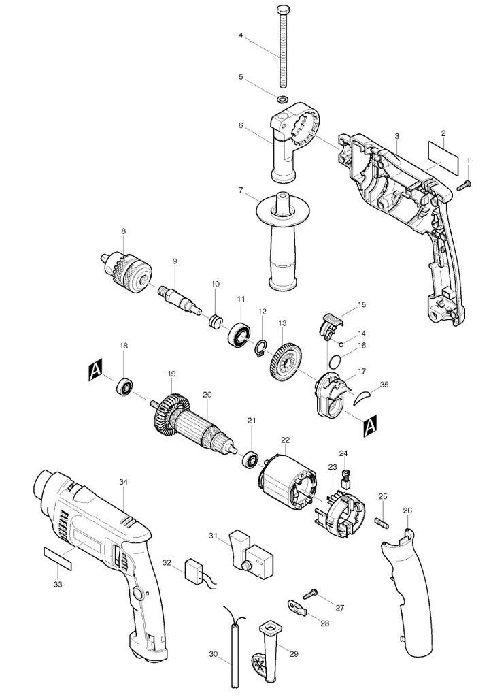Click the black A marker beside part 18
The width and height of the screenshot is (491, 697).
96,370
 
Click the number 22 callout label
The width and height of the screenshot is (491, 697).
285,439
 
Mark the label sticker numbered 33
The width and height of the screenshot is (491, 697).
58,560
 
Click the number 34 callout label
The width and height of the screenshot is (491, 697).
123,482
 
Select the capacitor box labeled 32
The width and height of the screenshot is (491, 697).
195,570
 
